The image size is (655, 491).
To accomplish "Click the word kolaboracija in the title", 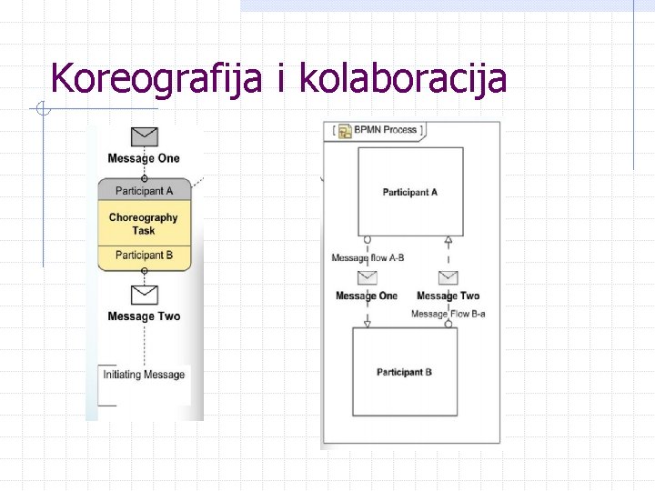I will pyautogui.click(x=402, y=78).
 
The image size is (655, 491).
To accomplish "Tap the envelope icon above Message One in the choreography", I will pyautogui.click(x=144, y=136).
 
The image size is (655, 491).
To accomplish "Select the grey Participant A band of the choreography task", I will pyautogui.click(x=144, y=191).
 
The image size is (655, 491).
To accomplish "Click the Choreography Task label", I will pyautogui.click(x=144, y=224).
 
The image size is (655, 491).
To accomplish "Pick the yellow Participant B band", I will pyautogui.click(x=144, y=256).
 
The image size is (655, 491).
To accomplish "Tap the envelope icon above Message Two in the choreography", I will pyautogui.click(x=144, y=295).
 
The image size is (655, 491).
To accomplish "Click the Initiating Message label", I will pyautogui.click(x=144, y=375).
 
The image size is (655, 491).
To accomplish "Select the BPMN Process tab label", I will pyautogui.click(x=387, y=130).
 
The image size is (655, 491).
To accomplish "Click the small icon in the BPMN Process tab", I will pyautogui.click(x=346, y=132).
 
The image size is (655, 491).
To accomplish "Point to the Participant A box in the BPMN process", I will pyautogui.click(x=410, y=192).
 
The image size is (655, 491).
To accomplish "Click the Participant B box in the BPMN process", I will pyautogui.click(x=405, y=372).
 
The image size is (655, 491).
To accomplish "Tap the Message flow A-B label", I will pyautogui.click(x=368, y=258).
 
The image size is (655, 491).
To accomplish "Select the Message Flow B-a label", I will pyautogui.click(x=448, y=315).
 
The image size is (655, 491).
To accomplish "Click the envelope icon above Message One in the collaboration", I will pyautogui.click(x=368, y=277).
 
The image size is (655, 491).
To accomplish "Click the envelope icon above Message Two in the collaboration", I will pyautogui.click(x=448, y=277).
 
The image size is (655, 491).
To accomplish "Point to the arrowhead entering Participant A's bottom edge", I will pyautogui.click(x=448, y=241).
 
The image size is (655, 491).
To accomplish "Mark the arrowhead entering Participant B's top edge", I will pyautogui.click(x=368, y=324).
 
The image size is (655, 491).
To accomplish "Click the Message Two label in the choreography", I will pyautogui.click(x=144, y=316).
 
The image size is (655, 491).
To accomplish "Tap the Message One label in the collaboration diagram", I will pyautogui.click(x=367, y=296).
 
